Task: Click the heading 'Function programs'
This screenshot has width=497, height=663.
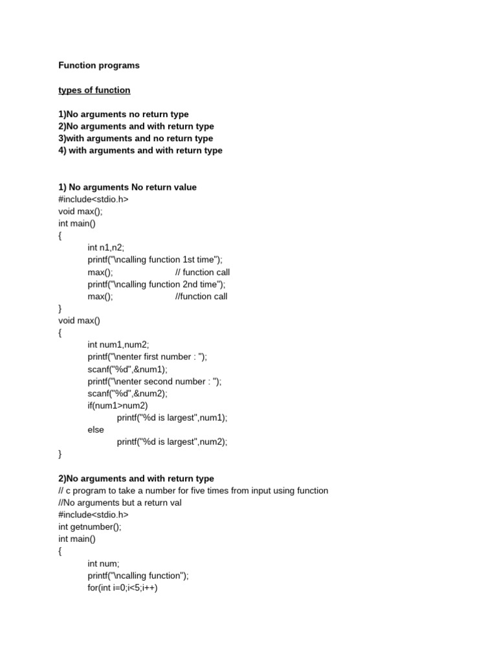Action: click(x=98, y=65)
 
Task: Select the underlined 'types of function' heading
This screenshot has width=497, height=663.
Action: click(x=94, y=90)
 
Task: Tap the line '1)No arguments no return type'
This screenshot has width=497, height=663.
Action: click(x=123, y=114)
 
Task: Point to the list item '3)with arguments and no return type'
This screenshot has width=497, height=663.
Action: click(x=135, y=139)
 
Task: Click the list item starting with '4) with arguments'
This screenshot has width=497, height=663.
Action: click(x=140, y=150)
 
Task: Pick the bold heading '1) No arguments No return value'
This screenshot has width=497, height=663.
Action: click(x=127, y=187)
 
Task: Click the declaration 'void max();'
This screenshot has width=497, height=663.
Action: click(x=80, y=211)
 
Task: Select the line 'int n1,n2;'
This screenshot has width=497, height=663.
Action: click(x=105, y=247)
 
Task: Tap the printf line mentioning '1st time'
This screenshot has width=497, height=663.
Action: click(x=155, y=260)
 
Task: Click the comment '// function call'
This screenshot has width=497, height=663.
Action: click(x=202, y=272)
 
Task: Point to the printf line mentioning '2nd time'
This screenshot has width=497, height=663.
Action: click(x=157, y=284)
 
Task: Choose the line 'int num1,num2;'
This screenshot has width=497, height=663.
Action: click(x=118, y=345)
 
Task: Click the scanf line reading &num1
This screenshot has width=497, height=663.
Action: click(x=127, y=369)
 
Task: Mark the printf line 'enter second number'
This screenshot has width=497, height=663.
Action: click(x=155, y=381)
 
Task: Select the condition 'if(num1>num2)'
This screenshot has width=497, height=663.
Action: click(x=118, y=405)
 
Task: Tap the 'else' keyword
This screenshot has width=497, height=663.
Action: click(x=96, y=430)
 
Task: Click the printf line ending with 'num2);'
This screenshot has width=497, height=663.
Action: click(x=172, y=442)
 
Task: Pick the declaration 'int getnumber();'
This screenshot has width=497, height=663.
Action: click(x=89, y=526)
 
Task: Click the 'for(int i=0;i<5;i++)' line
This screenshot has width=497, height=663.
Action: click(x=122, y=588)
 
